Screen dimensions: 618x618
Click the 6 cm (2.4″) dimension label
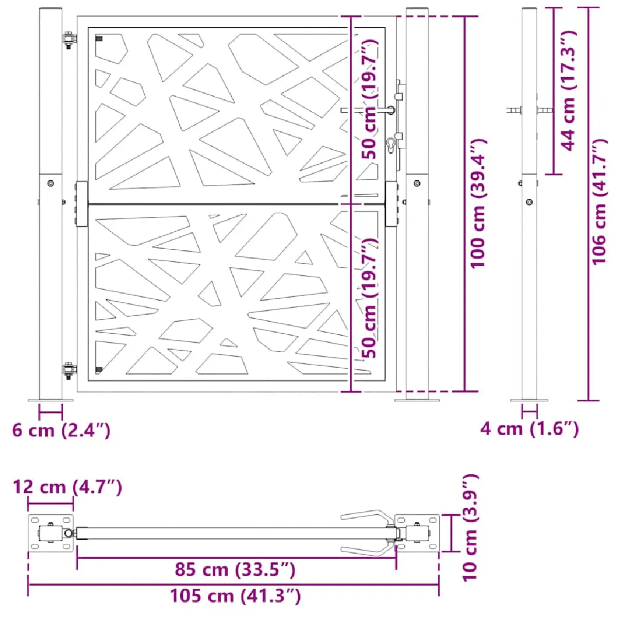point(61,430)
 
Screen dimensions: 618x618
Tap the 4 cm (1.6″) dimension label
point(529,429)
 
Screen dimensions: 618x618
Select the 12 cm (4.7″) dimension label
point(67,487)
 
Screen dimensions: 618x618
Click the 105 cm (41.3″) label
point(235,596)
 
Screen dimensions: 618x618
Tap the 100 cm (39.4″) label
point(478,203)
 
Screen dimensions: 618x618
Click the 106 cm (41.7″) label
point(599,202)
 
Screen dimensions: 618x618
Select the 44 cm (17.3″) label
point(569,91)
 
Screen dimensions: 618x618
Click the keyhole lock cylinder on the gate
point(391,144)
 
